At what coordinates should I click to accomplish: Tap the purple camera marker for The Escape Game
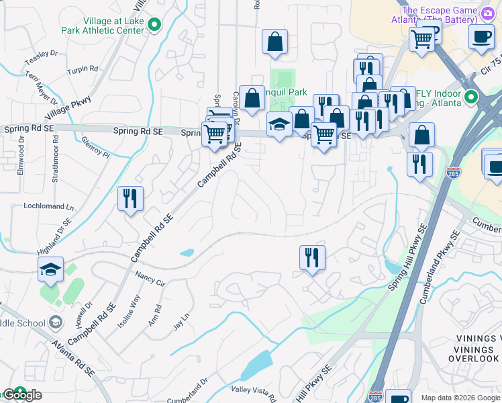click(488, 11)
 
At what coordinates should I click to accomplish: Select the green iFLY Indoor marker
click(470, 97)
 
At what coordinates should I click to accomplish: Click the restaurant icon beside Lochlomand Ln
click(130, 199)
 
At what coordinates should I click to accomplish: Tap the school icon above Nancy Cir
click(50, 269)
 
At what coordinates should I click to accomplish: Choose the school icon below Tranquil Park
click(280, 124)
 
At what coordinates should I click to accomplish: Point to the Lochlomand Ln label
click(48, 206)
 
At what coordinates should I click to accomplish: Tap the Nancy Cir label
click(150, 279)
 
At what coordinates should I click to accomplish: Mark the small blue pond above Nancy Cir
click(187, 253)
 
